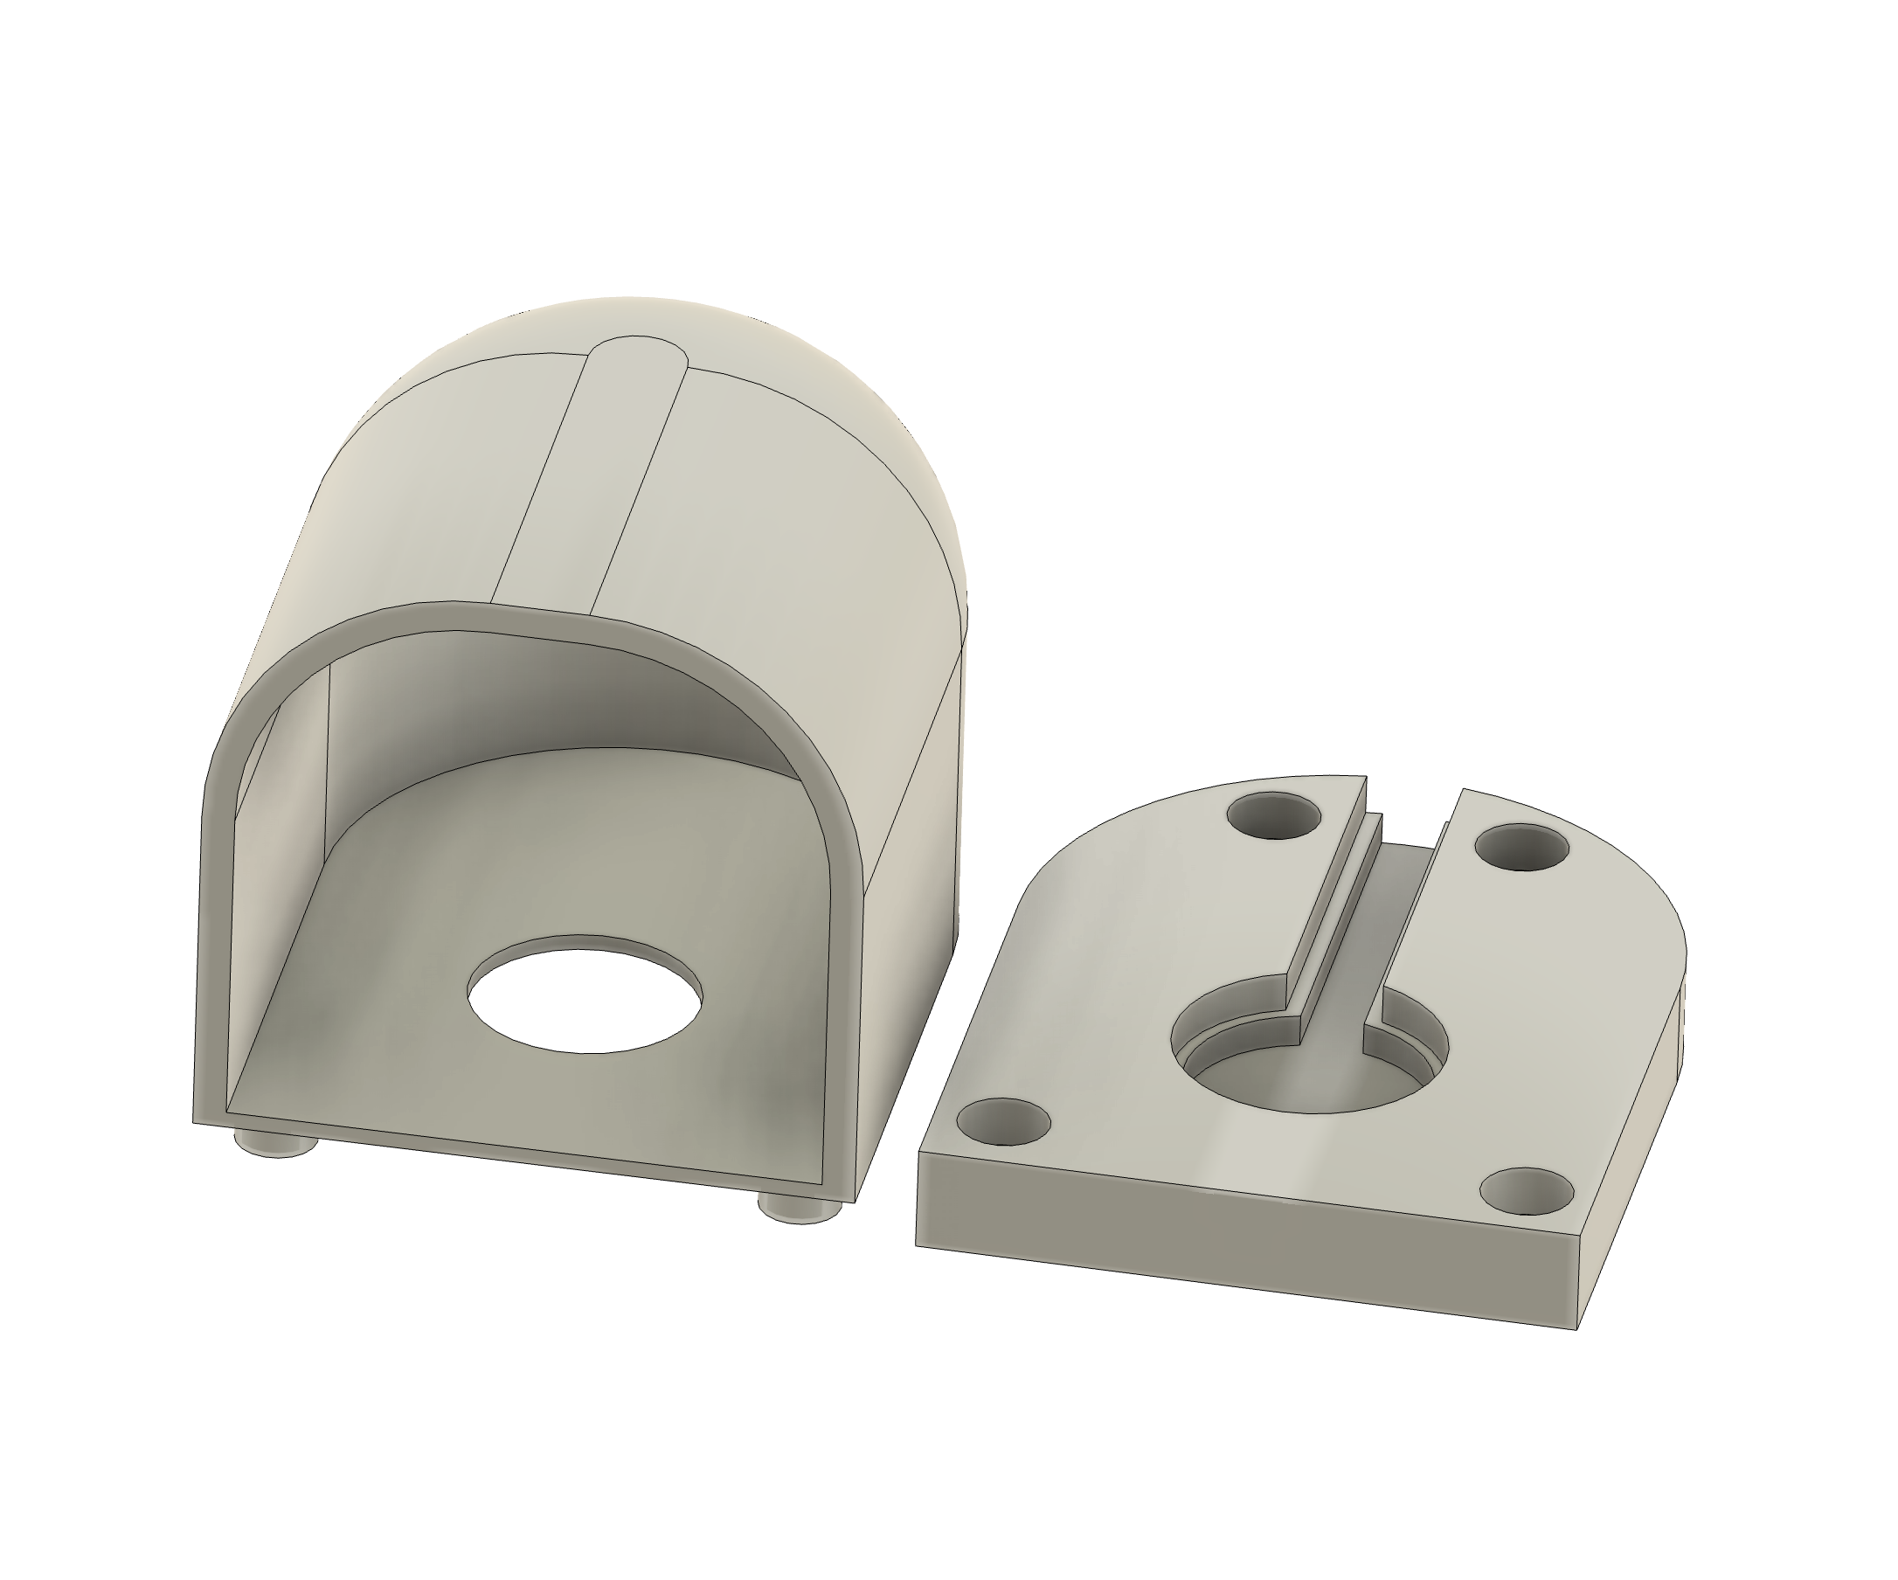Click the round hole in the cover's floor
585,994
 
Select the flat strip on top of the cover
587,479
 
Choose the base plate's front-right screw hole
1527,1190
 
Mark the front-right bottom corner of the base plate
1576,1328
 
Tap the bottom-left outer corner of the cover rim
195,1123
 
